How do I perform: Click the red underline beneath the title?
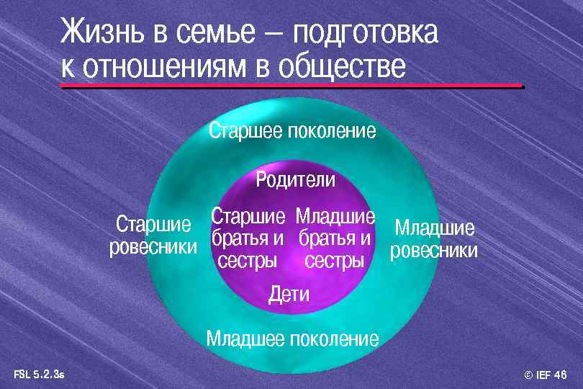click(291, 86)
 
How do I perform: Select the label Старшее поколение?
click(292, 131)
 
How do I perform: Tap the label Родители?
click(295, 180)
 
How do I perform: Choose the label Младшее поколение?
click(292, 339)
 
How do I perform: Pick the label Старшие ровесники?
click(153, 236)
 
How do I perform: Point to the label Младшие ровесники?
click(434, 240)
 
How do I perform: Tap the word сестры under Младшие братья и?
click(334, 261)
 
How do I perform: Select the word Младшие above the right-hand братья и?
click(335, 216)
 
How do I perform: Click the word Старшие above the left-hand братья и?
click(248, 216)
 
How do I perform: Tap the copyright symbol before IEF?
click(529, 375)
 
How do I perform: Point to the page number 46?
click(561, 375)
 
